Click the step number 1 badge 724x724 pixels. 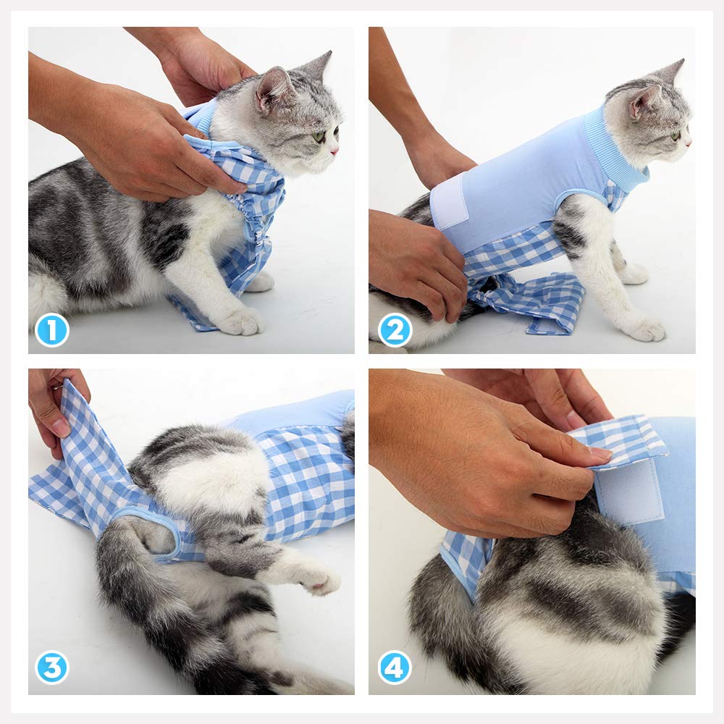coord(51,330)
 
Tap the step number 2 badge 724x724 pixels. coord(395,330)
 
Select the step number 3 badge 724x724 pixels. coord(51,667)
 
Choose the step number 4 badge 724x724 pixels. coord(395,667)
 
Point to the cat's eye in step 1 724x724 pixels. coord(319,135)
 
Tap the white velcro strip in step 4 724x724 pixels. coord(629,492)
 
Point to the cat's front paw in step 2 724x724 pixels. coord(644,328)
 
